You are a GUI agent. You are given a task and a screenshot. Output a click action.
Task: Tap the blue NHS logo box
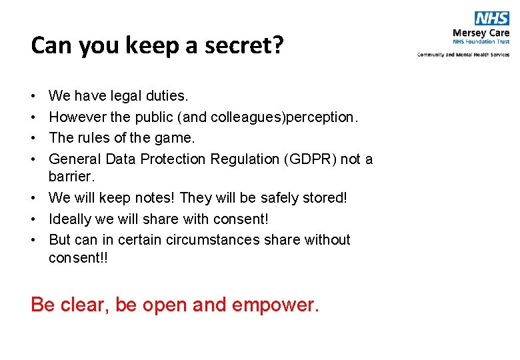[492, 18]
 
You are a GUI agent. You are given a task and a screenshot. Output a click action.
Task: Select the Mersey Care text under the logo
[481, 33]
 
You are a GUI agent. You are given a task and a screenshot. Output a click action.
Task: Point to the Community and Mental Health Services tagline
[463, 55]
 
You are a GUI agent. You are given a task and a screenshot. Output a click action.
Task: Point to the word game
[175, 138]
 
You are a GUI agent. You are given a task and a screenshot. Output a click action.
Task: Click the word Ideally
[72, 219]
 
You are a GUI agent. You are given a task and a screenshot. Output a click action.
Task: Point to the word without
[327, 239]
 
